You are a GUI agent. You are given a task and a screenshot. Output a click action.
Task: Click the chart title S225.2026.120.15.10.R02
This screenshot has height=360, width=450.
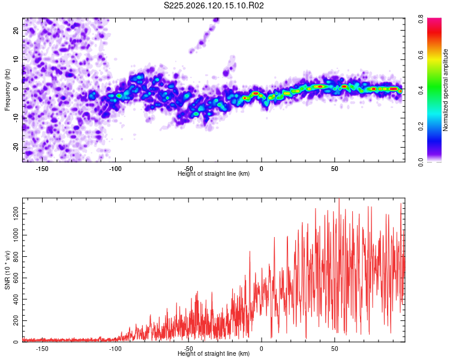tap(214, 5)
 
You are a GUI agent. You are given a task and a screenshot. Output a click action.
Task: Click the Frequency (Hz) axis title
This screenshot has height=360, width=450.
tap(7, 89)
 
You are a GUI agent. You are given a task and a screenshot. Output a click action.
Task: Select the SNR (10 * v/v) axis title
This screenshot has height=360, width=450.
tap(7, 270)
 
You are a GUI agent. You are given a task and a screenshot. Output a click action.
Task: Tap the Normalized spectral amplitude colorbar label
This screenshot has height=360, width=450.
tap(445, 90)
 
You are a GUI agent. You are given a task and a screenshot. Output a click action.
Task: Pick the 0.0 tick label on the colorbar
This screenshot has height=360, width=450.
tap(421, 162)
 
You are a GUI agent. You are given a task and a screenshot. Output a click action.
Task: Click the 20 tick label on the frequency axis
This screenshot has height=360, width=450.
tap(16, 30)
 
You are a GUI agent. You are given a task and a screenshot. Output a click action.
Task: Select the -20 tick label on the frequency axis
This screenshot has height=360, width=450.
tap(16, 147)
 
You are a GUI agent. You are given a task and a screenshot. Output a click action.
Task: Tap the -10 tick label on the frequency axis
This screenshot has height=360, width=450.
tap(16, 118)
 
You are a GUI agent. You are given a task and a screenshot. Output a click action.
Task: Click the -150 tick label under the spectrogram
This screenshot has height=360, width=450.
tap(42, 169)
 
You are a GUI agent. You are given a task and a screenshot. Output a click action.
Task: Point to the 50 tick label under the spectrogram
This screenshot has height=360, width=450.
tap(334, 169)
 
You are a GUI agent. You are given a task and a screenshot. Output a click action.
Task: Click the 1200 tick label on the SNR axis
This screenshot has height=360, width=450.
tap(16, 214)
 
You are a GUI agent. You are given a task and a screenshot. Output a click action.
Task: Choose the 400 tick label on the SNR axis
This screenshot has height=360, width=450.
tap(16, 299)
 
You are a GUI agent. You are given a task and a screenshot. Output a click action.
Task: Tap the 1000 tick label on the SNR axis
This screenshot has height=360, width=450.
tap(16, 235)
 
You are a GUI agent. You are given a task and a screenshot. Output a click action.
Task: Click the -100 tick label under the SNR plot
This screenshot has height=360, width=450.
tap(115, 349)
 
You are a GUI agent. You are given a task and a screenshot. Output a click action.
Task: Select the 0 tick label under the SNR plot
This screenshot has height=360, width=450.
tap(261, 349)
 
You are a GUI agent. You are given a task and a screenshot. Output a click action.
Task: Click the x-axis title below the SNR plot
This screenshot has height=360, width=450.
tap(214, 353)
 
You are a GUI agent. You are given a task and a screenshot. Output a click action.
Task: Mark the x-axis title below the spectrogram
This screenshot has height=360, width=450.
tap(214, 173)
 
